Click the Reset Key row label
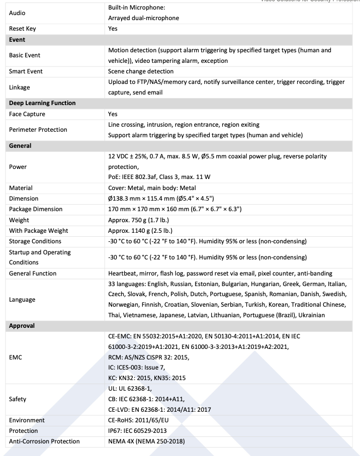tap(22, 29)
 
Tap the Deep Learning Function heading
tap(42, 103)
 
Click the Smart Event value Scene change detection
tap(141, 71)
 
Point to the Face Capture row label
tap(27, 114)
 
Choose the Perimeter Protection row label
tap(38, 130)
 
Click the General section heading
tap(20, 146)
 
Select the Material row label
tap(21, 188)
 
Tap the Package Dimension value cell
tap(174, 209)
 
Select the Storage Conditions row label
tap(35, 241)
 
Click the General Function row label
tap(33, 273)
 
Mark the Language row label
tap(22, 300)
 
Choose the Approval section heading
tap(22, 326)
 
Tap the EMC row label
tap(16, 357)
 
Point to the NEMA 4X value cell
tap(146, 441)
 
